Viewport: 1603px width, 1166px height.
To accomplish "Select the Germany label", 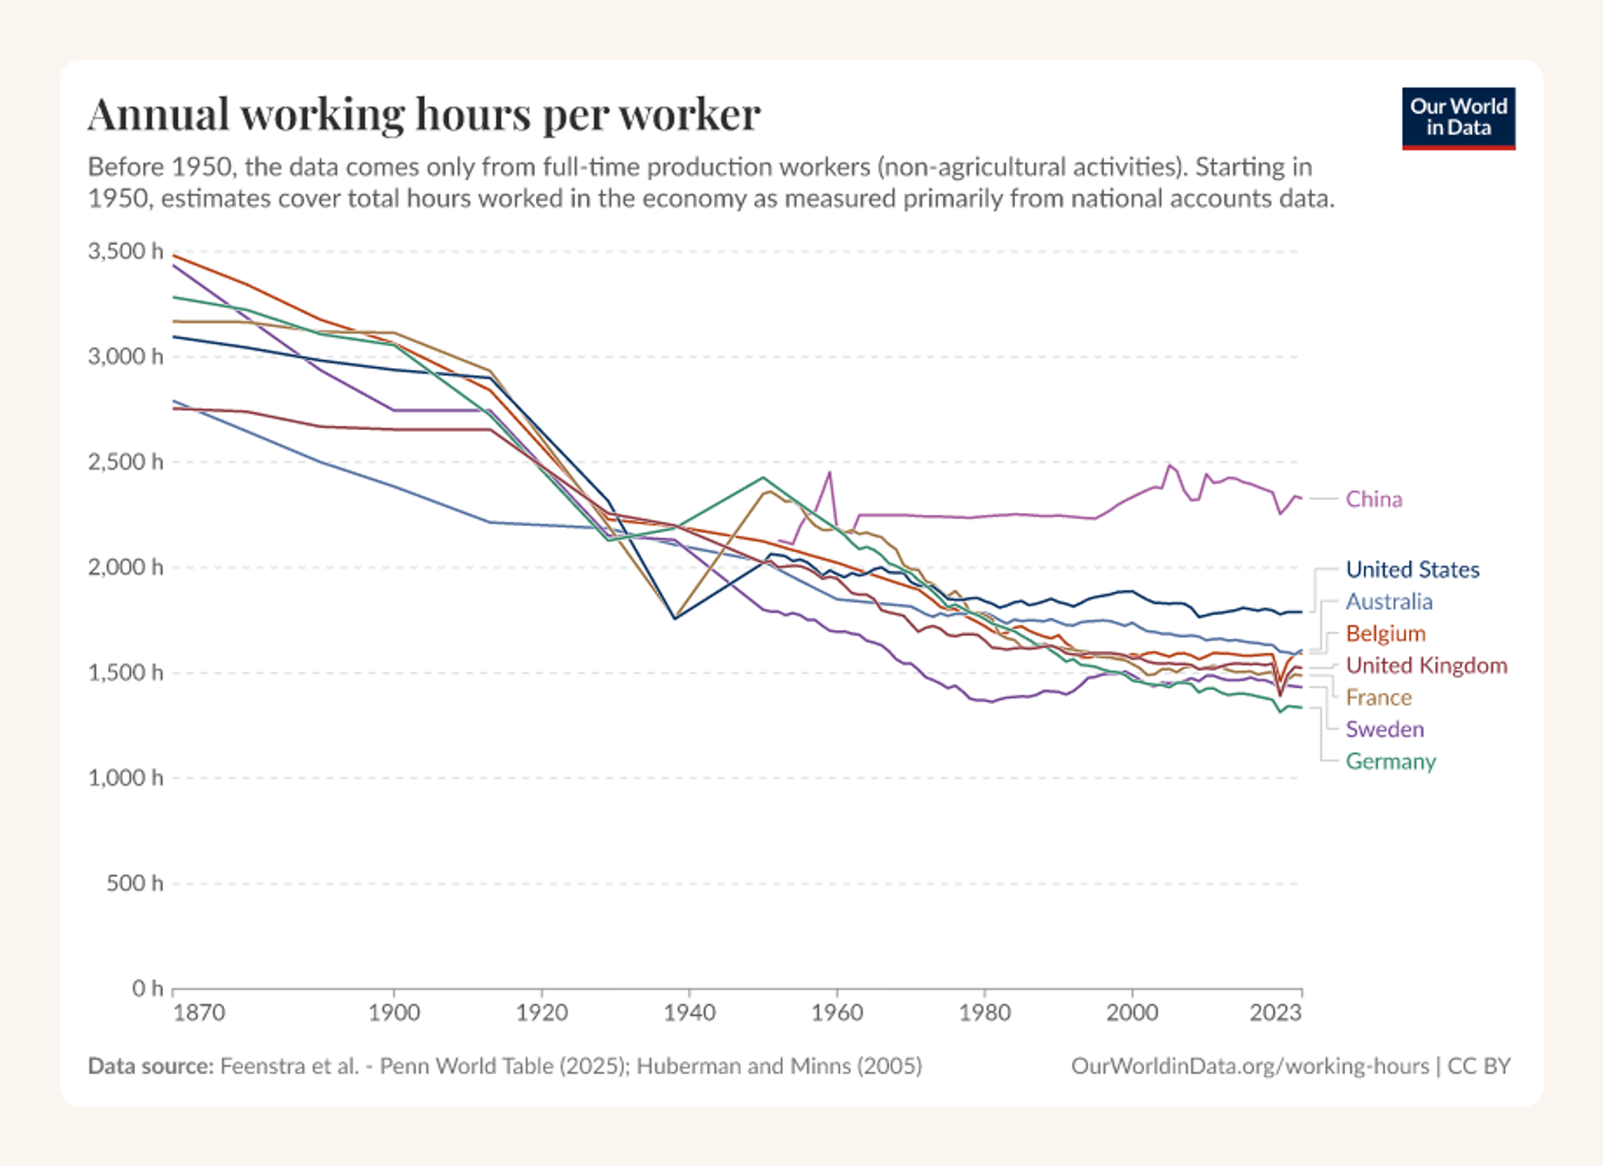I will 1390,761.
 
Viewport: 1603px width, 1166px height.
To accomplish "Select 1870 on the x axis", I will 199,1013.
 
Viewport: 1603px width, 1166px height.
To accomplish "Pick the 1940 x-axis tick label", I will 689,1013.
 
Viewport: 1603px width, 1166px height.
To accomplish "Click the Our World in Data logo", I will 1458,118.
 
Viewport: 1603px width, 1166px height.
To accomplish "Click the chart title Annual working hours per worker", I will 424,114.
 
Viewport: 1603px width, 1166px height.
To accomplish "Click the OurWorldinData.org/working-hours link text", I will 1249,1066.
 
